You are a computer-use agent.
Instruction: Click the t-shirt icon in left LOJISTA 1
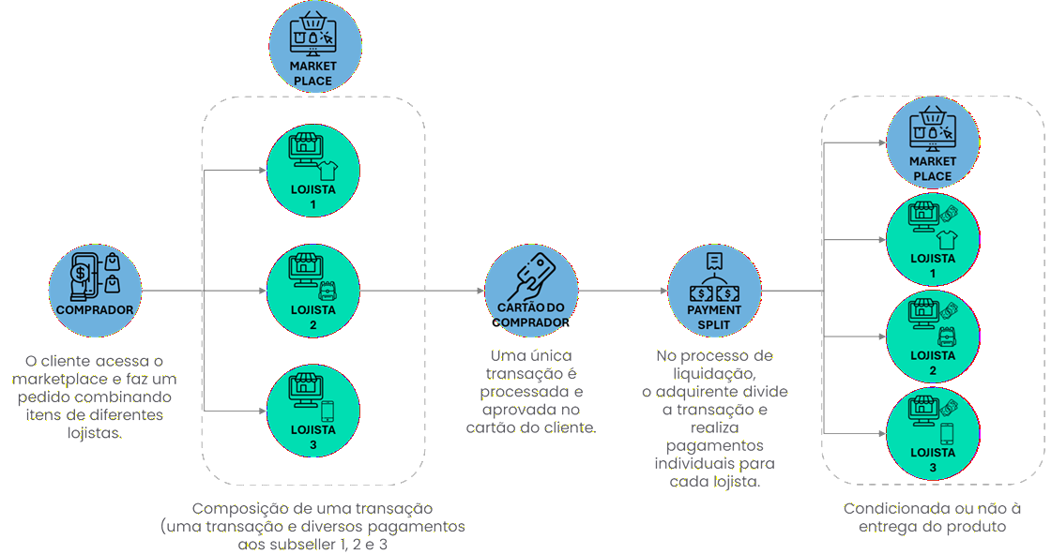327,170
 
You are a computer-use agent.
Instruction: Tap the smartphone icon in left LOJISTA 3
327,411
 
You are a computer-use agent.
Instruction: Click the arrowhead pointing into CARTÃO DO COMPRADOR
480,291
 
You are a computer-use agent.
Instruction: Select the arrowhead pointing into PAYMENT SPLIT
663,291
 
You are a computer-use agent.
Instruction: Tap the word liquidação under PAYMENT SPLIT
713,373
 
